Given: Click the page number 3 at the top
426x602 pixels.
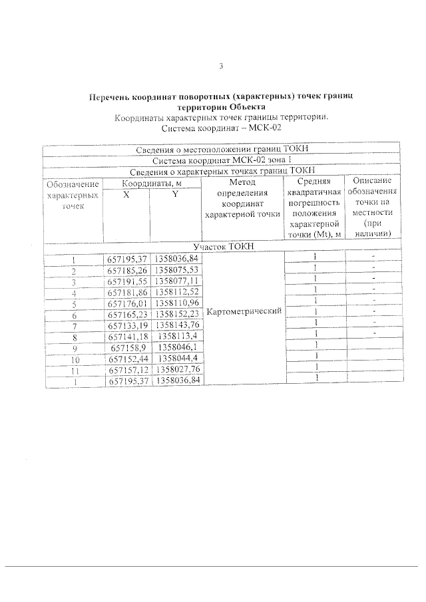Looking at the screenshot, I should coord(221,65).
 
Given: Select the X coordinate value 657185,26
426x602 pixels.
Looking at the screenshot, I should coord(126,270).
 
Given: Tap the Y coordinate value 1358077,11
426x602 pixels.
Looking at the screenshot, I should coord(176,281).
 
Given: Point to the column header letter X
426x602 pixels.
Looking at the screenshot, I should coord(126,194).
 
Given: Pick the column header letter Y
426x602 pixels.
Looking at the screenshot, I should coord(174,194).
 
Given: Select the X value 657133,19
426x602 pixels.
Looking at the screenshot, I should coord(126,325).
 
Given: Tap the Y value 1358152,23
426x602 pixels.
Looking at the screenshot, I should coord(176,314).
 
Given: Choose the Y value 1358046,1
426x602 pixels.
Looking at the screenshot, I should coord(176,347).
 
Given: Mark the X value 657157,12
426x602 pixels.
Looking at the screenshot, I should coord(126,369).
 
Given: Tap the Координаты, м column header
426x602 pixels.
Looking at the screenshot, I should coord(151,183).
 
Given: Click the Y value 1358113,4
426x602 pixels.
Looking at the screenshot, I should coord(176,337).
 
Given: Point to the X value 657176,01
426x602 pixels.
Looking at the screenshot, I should coord(126,303).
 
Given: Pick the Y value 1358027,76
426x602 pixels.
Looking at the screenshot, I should coord(176,369).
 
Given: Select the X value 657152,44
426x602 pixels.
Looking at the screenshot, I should coord(126,359).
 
